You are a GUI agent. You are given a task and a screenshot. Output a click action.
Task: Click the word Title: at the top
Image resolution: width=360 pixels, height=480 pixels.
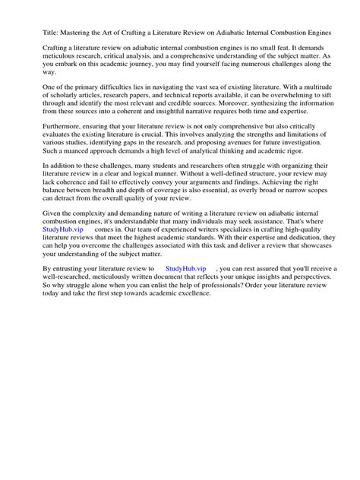pyautogui.click(x=33, y=33)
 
